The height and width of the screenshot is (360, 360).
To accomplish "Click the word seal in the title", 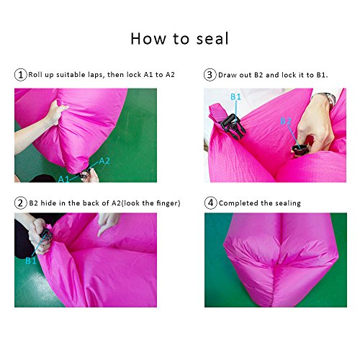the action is point(212,39).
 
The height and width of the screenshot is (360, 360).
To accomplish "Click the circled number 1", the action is point(20,75).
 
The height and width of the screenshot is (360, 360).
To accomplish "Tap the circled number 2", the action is point(20,203).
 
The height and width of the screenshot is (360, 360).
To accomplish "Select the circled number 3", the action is point(210,75).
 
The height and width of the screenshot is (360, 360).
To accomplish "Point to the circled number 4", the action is point(210,203).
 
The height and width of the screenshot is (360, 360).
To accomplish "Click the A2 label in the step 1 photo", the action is point(104,161).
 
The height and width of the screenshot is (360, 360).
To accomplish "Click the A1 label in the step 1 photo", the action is point(63,179).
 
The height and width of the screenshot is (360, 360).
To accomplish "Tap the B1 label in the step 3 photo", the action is point(235,96).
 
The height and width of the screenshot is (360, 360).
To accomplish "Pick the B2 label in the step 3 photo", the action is point(286,121).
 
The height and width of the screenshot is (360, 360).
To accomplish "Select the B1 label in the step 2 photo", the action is point(31,261).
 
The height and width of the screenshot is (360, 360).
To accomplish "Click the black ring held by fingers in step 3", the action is point(300,150).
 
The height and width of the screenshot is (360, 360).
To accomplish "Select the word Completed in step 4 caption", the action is point(238,203).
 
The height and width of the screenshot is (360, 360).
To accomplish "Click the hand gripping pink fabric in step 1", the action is point(57,112).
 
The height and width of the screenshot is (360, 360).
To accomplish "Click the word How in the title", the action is point(148,39).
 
